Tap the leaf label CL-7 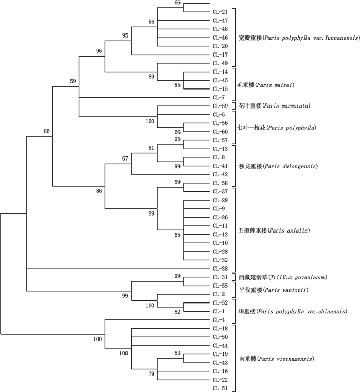coord(219,97)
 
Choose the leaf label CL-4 coord(219,320)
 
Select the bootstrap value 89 coord(151,77)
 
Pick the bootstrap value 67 coord(125,158)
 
